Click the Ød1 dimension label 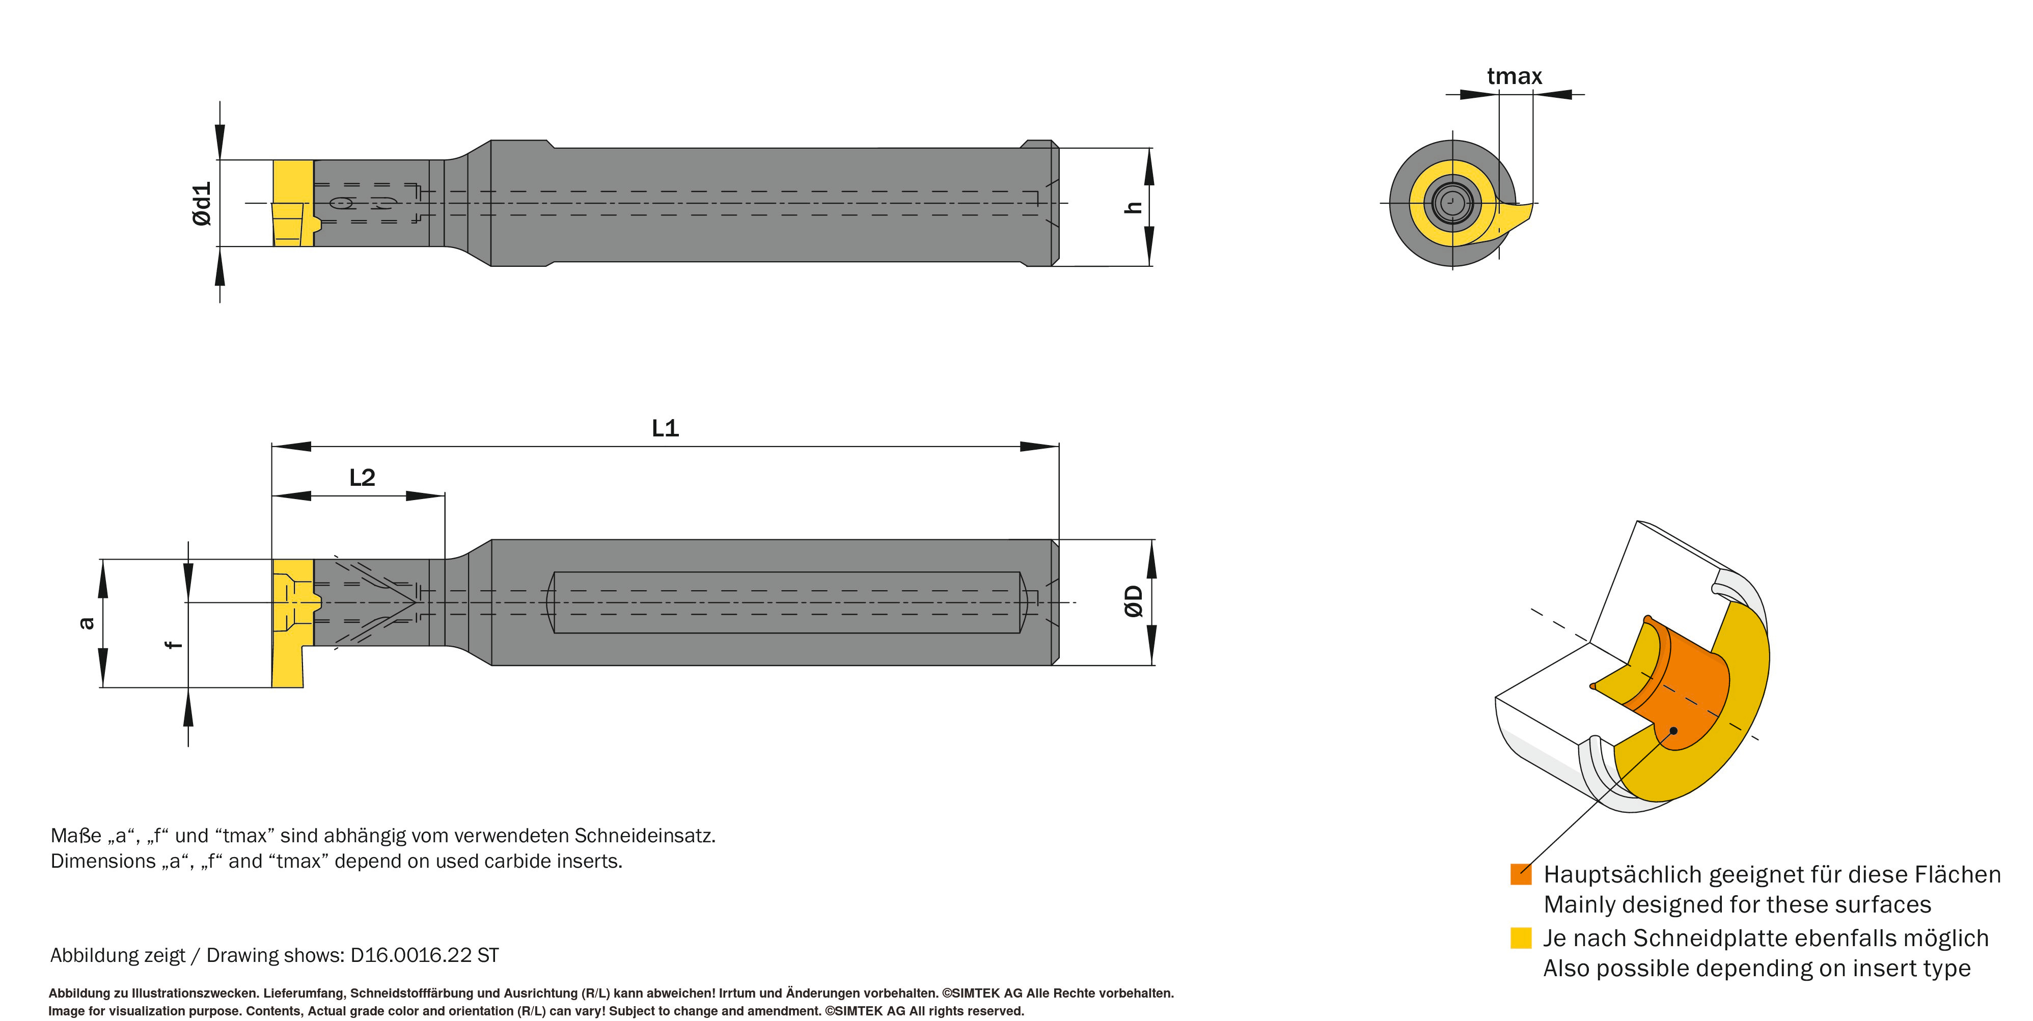click(202, 204)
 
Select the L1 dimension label click(665, 428)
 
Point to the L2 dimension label click(362, 477)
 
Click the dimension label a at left click(87, 623)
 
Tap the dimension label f click(174, 644)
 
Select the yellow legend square click(1521, 937)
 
